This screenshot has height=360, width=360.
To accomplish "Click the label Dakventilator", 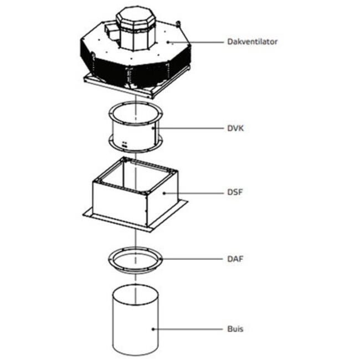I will pos(252,42).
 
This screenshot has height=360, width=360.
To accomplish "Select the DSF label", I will pos(234,193).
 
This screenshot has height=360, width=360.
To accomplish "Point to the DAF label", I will pos(235,259).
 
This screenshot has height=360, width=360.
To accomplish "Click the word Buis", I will pos(235,329).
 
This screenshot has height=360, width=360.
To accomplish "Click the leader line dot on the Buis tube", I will pos(154,329).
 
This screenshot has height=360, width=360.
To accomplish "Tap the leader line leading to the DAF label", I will pos(191,259).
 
